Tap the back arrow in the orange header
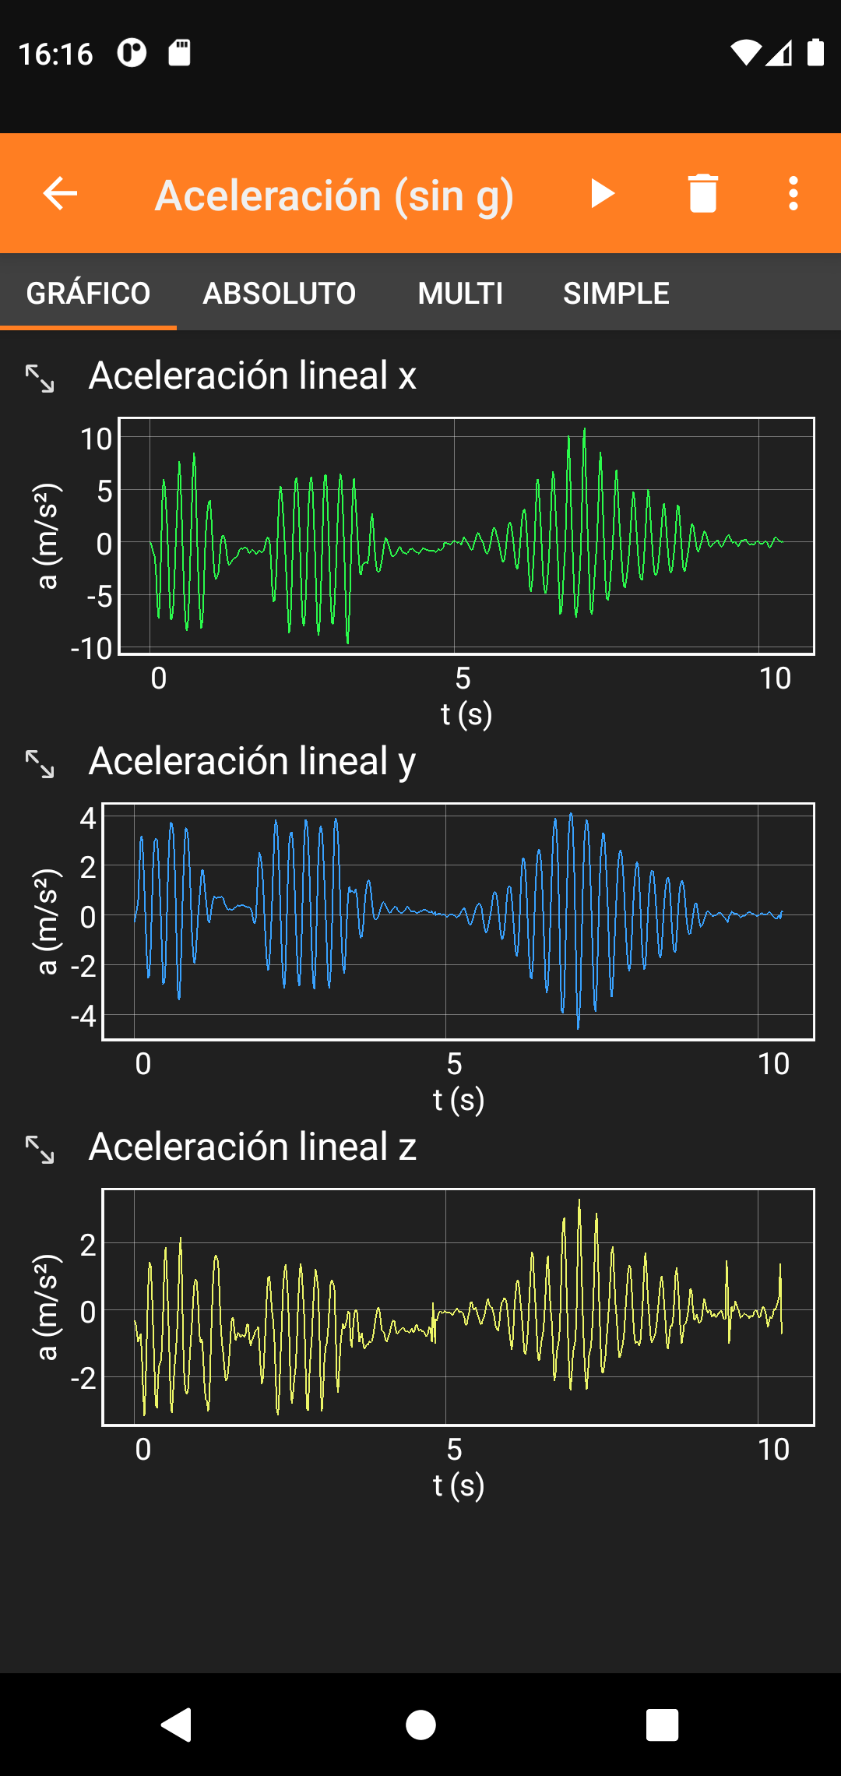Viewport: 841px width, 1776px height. tap(60, 193)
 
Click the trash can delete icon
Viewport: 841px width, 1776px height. tap(702, 193)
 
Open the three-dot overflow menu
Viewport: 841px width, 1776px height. tap(793, 193)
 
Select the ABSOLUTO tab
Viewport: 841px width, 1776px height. tap(279, 294)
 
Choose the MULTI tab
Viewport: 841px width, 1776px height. tap(460, 294)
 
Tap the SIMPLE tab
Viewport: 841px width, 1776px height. tap(616, 294)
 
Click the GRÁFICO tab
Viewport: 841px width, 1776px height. tap(88, 294)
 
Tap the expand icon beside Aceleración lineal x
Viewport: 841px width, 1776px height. tap(40, 379)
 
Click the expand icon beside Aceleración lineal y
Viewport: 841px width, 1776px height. tap(40, 764)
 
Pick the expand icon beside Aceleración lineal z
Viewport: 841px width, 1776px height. tap(40, 1150)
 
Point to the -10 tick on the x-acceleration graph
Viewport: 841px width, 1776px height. tap(92, 648)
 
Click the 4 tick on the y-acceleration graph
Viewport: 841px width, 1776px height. tap(87, 818)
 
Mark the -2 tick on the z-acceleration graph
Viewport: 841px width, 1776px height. tap(83, 1379)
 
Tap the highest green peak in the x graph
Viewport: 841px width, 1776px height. tap(584, 429)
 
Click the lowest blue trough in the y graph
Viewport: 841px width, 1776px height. tap(578, 1027)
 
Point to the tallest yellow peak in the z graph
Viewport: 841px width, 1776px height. tap(579, 1201)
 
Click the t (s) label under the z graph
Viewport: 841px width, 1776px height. tap(459, 1485)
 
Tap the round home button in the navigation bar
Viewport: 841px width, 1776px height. tap(420, 1725)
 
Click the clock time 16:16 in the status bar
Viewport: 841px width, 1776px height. tap(55, 54)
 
